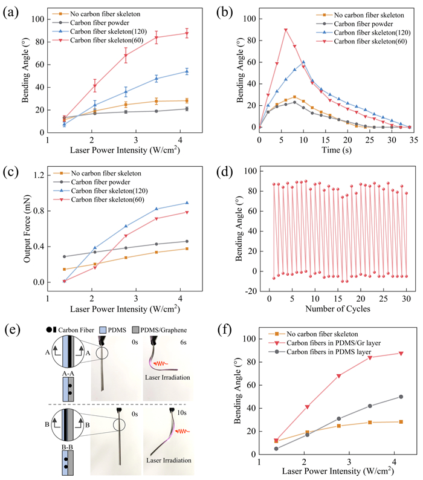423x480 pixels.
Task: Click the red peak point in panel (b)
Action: pos(286,30)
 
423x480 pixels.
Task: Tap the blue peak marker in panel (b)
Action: pos(303,62)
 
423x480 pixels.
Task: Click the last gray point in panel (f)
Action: pos(401,397)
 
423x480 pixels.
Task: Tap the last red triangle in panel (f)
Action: pos(401,354)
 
